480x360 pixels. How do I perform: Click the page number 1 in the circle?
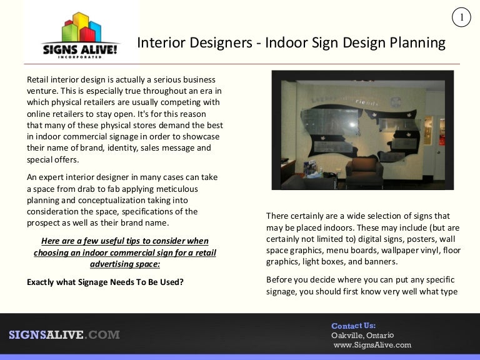tap(461, 17)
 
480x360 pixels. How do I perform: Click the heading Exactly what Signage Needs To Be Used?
tap(105, 282)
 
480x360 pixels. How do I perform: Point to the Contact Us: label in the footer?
tap(354, 326)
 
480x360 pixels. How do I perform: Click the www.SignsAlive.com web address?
tap(372, 345)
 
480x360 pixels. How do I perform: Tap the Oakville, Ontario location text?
tap(362, 335)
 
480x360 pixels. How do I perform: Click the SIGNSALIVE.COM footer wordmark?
tap(64, 334)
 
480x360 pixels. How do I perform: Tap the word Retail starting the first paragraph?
tap(37, 79)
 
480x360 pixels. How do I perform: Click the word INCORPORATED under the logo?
tap(80, 57)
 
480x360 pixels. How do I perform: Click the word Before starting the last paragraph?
tap(277, 280)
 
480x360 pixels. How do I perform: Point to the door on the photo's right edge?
tap(439, 147)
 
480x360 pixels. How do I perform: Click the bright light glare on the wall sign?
tap(352, 124)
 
